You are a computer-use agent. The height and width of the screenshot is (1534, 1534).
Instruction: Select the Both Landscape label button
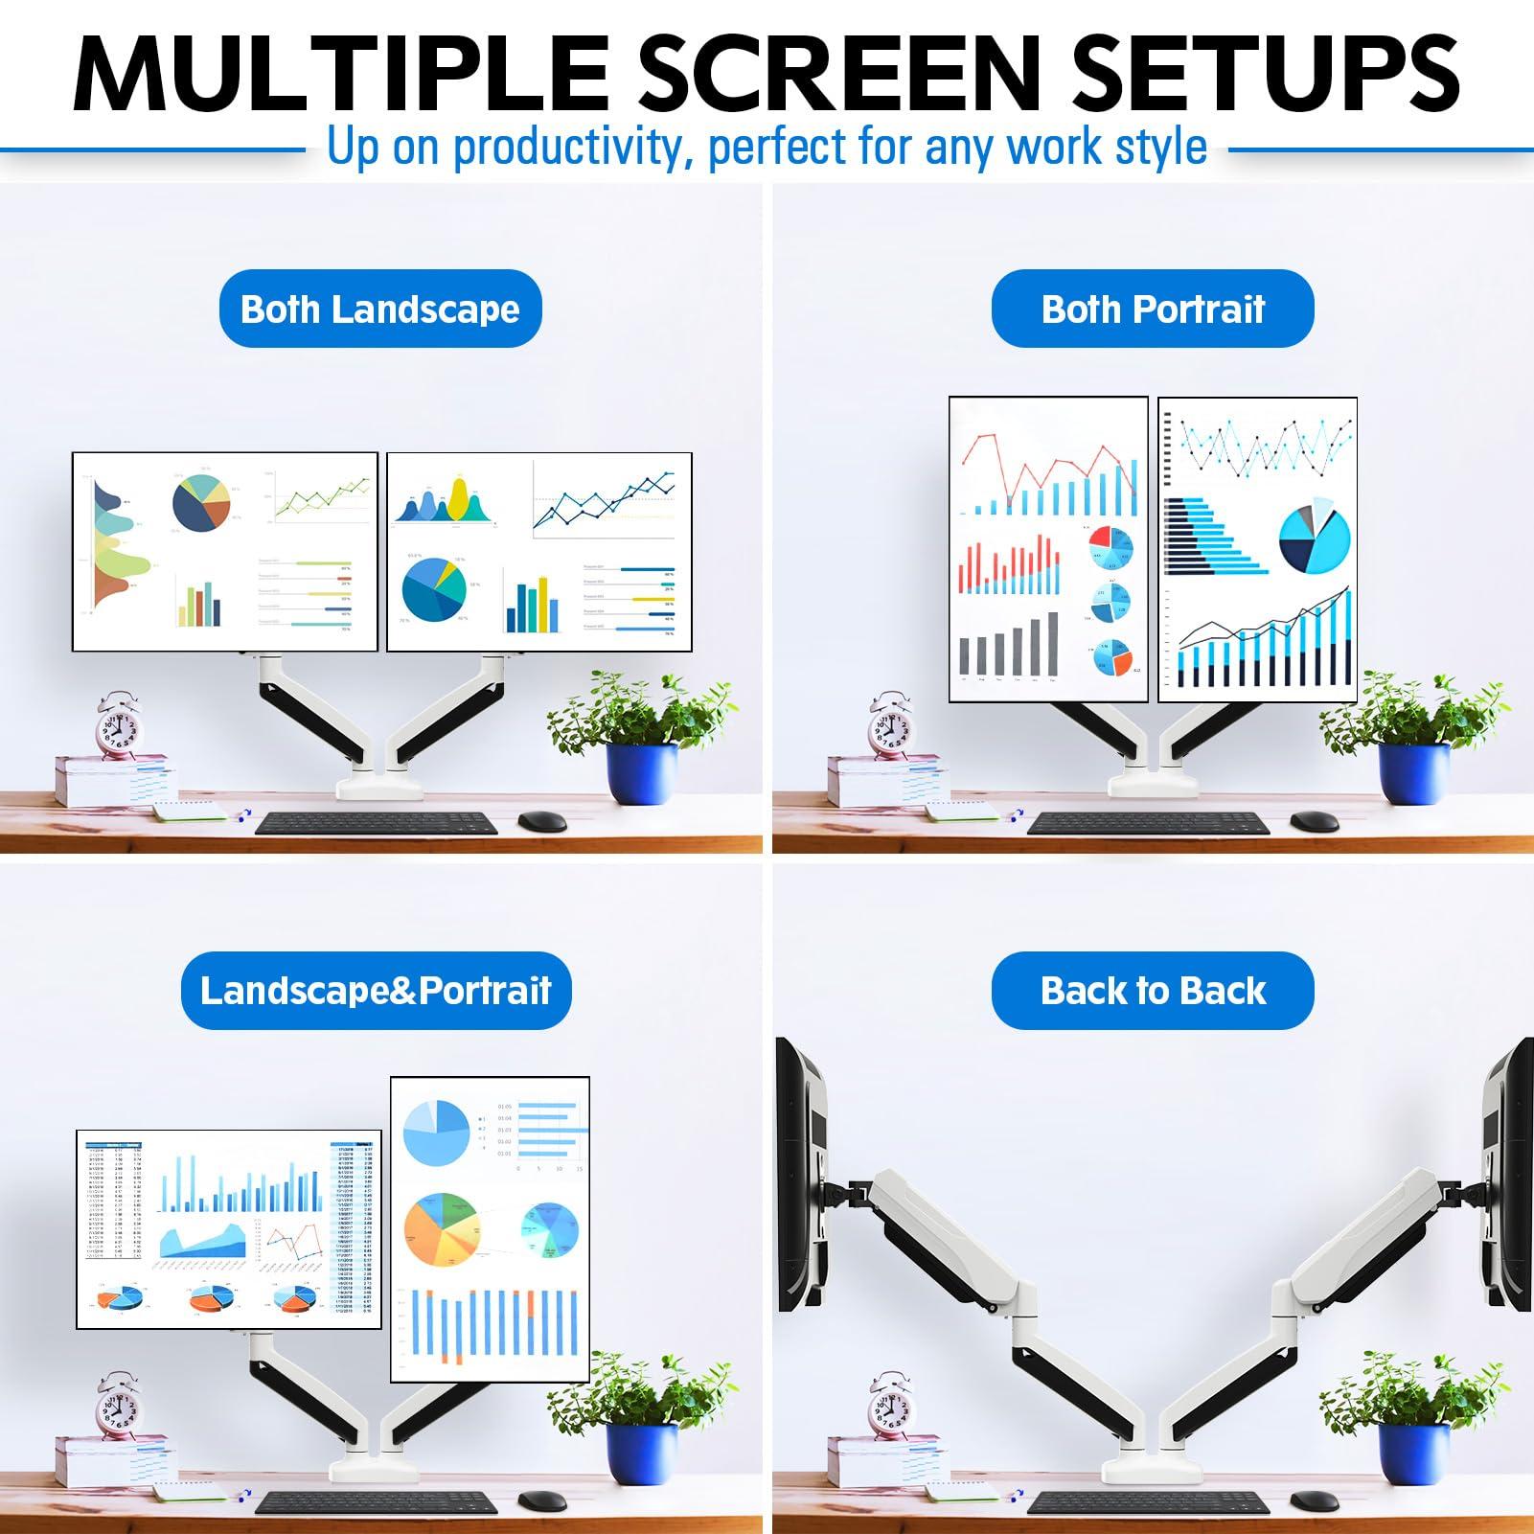(380, 309)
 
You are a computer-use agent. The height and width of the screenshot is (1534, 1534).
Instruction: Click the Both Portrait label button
(1153, 309)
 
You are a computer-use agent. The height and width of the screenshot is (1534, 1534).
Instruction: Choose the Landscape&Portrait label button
(376, 991)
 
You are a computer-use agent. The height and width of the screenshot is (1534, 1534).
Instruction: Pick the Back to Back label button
(1153, 991)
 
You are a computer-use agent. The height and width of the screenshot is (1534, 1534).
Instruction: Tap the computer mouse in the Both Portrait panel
(1314, 821)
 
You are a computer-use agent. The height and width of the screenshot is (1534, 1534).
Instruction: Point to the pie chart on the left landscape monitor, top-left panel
(201, 503)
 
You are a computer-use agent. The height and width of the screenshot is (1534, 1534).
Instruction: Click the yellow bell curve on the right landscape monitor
(459, 498)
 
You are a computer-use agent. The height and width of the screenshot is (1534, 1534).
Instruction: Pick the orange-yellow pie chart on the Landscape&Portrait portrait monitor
(442, 1229)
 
